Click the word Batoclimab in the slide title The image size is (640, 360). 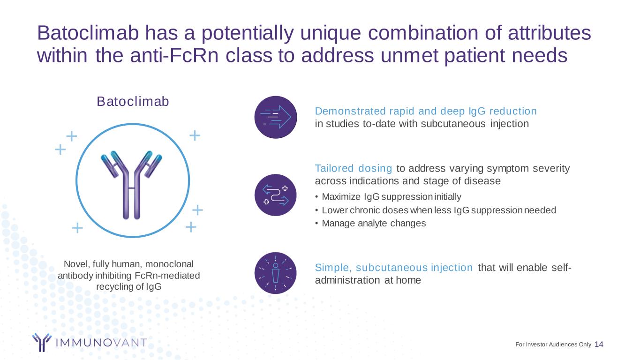pyautogui.click(x=88, y=33)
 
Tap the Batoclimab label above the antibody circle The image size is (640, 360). pyautogui.click(x=133, y=101)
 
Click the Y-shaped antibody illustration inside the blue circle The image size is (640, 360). pyautogui.click(x=131, y=185)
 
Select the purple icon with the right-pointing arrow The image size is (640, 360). pyautogui.click(x=276, y=117)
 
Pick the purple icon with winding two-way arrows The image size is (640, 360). pyautogui.click(x=276, y=195)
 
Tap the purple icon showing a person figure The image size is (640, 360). pyautogui.click(x=275, y=273)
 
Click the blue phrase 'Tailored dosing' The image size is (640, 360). pyautogui.click(x=354, y=169)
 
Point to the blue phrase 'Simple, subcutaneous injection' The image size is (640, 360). pyautogui.click(x=394, y=268)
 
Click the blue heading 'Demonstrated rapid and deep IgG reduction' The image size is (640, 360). pyautogui.click(x=426, y=111)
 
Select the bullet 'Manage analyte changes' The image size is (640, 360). pyautogui.click(x=374, y=223)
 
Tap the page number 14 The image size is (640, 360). pyautogui.click(x=599, y=344)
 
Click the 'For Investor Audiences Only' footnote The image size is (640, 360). pyautogui.click(x=553, y=345)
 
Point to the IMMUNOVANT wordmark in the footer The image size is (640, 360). pyautogui.click(x=101, y=343)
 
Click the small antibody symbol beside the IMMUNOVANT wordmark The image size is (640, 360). pyautogui.click(x=42, y=342)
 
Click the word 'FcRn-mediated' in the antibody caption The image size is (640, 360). pyautogui.click(x=167, y=276)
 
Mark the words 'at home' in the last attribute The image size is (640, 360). pyautogui.click(x=403, y=280)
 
